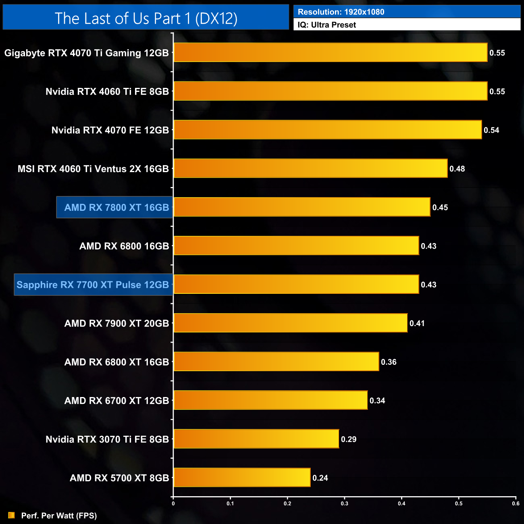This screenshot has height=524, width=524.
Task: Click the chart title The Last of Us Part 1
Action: pyautogui.click(x=146, y=19)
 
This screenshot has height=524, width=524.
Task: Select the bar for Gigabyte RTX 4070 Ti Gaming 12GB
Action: pyautogui.click(x=331, y=52)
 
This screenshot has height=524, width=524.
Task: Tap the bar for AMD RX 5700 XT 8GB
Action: pyautogui.click(x=242, y=478)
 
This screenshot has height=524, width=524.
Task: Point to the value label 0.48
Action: pyautogui.click(x=457, y=169)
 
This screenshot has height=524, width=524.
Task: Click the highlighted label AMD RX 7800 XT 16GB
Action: pyautogui.click(x=116, y=208)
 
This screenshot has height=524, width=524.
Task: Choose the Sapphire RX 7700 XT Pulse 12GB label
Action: pyautogui.click(x=93, y=285)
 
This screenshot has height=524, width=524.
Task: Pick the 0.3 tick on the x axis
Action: pyautogui.click(x=345, y=503)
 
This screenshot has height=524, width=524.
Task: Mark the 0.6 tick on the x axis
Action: pyautogui.click(x=516, y=503)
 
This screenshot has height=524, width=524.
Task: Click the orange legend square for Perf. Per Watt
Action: pyautogui.click(x=11, y=515)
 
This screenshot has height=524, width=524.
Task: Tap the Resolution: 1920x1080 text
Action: pyautogui.click(x=341, y=12)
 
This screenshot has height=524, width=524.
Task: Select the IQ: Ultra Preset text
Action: pyautogui.click(x=327, y=25)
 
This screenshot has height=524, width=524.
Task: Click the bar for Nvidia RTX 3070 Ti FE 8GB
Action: pyautogui.click(x=256, y=439)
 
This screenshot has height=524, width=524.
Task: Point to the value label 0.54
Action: pyautogui.click(x=491, y=130)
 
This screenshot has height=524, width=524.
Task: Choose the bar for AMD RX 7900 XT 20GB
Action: pyautogui.click(x=290, y=323)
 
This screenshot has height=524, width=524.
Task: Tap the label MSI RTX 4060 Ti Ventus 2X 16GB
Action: pyautogui.click(x=93, y=169)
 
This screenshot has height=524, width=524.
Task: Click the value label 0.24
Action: pyautogui.click(x=320, y=478)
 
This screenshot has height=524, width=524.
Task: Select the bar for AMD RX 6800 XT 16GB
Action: pyautogui.click(x=276, y=362)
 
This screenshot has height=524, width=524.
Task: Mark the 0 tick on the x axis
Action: pyautogui.click(x=173, y=503)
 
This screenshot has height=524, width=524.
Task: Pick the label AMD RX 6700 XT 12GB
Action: pyautogui.click(x=116, y=401)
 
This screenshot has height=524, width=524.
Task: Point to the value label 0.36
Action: pyautogui.click(x=389, y=362)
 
